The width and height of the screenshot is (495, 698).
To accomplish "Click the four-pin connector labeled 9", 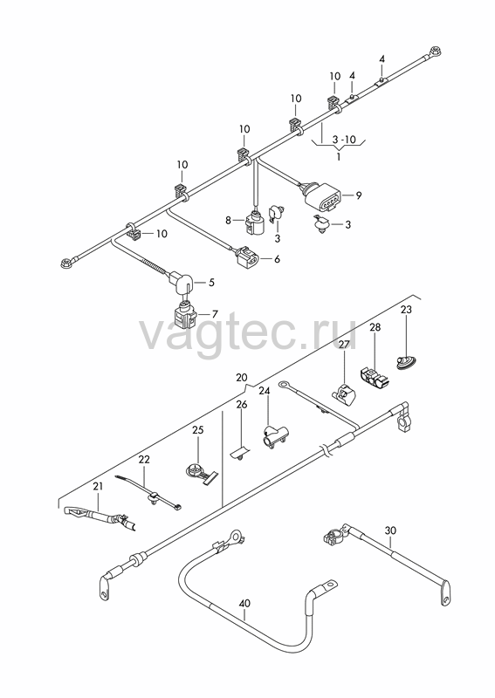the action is [321, 197].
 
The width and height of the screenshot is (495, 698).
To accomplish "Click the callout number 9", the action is [359, 195].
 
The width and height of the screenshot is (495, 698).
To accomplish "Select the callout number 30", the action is [390, 530].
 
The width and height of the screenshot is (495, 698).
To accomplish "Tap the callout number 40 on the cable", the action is [244, 603].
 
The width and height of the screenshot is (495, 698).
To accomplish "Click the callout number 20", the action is [241, 378].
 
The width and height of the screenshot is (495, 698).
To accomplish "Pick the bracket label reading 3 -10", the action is [344, 140].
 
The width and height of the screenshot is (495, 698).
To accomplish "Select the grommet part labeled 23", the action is [406, 361].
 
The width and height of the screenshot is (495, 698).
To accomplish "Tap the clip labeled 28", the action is [374, 377].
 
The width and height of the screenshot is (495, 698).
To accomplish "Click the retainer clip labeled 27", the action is [343, 393].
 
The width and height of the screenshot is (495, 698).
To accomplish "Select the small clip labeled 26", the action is [240, 452].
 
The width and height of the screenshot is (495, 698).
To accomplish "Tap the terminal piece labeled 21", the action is [100, 517].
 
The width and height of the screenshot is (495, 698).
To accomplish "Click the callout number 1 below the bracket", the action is [339, 157].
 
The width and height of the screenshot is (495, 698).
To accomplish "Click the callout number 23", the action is [406, 309].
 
